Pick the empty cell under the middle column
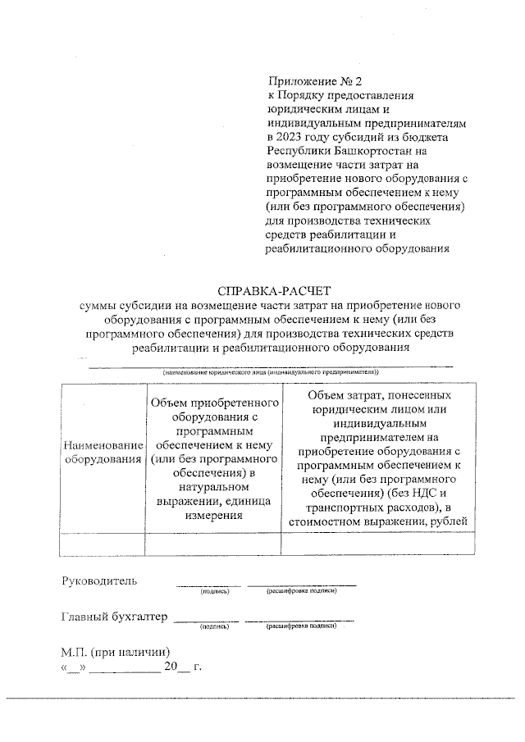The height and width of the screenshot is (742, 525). [212, 544]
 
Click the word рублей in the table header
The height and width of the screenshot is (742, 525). [447, 520]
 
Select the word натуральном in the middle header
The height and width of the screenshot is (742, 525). [212, 486]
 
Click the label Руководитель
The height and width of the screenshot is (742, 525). [99, 581]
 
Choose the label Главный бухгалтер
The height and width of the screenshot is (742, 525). [114, 617]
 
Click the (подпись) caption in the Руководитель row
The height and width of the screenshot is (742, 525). [213, 590]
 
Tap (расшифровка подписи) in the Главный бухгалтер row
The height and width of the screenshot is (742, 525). [301, 627]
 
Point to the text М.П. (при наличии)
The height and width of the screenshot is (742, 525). [114, 652]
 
